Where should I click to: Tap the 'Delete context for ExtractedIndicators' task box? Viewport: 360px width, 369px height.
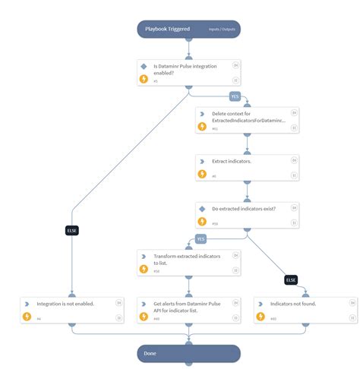pos(248,120)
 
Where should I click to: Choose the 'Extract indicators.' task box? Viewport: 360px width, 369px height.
pos(248,167)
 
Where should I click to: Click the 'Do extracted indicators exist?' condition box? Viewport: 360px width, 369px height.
pos(248,214)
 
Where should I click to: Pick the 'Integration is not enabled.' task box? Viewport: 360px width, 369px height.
pos(71,309)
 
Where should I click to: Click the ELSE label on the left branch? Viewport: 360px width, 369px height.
pos(72,230)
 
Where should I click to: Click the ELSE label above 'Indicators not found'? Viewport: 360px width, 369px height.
pos(290,279)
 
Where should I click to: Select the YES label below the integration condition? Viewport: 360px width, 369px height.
pos(235,96)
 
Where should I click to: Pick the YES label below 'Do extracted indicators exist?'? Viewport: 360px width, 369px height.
pos(201,238)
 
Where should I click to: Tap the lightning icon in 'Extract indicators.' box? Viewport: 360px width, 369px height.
pos(202,174)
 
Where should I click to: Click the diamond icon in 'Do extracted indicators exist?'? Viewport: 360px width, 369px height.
pos(202,208)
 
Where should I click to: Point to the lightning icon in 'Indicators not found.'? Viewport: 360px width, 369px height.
pos(261,317)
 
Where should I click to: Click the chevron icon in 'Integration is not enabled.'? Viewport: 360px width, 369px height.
pos(27,303)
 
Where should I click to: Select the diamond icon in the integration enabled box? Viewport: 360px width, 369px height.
pos(144,66)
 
